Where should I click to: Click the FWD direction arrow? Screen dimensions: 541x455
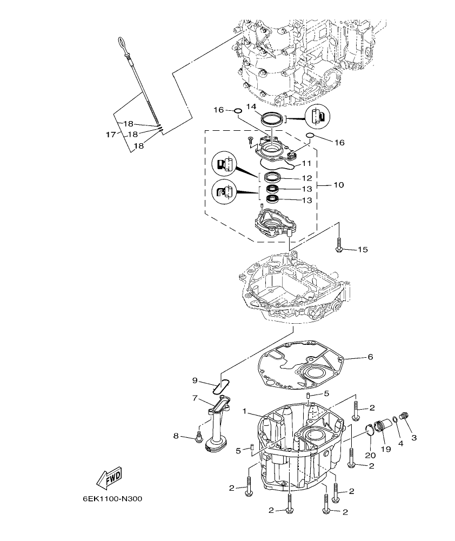(109, 478)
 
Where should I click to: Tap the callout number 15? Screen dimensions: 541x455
(362, 250)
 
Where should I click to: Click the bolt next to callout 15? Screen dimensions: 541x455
(339, 245)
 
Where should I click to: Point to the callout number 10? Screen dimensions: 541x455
(338, 185)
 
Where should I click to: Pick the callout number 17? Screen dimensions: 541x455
(110, 135)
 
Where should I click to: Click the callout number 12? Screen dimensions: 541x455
(306, 178)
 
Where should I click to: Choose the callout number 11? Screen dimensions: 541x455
(306, 163)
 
